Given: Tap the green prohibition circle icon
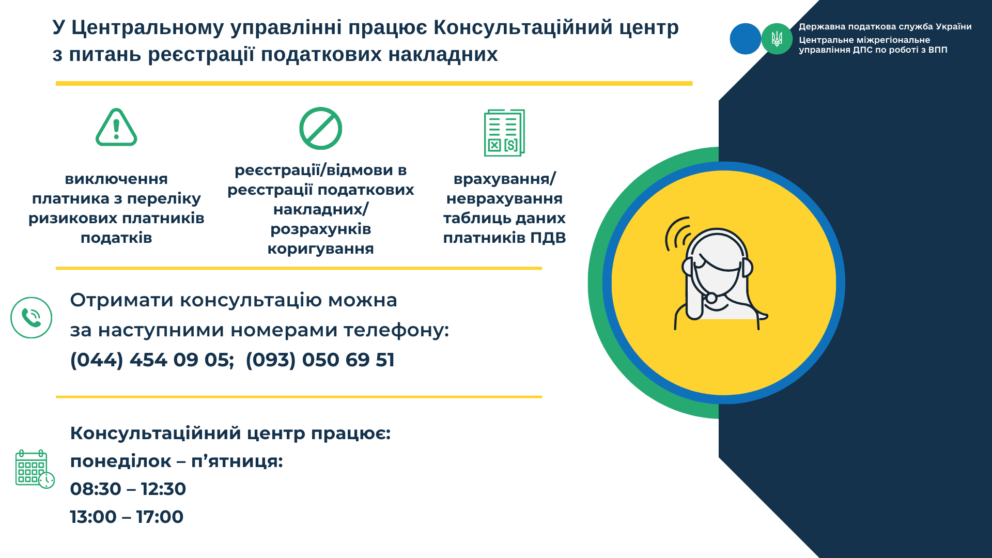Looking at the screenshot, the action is tap(321, 128).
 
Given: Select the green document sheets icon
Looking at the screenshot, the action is tap(504, 133).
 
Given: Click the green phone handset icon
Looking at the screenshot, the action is tap(32, 318).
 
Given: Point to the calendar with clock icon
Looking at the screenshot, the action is tap(35, 469).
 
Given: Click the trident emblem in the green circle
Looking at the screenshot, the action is tap(777, 39).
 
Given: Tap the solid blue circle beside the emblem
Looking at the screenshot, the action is tap(745, 39).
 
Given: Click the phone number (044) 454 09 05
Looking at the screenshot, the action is tap(152, 360).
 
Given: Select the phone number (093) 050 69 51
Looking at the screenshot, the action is tap(320, 360).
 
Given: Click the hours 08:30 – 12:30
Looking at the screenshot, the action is tap(128, 489).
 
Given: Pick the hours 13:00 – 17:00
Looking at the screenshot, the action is tap(127, 517).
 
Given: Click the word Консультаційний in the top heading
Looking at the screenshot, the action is tap(523, 27).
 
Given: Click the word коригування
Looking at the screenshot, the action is tap(321, 249).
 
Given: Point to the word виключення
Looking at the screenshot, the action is tap(116, 179).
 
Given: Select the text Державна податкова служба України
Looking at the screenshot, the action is tap(885, 27).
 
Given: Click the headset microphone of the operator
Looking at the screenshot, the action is tap(711, 298).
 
